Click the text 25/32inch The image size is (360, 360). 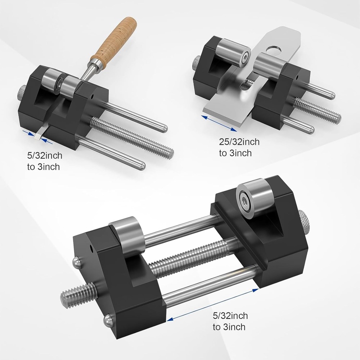239,142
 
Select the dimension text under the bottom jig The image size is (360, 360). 230,321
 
